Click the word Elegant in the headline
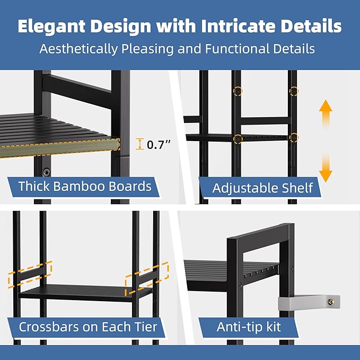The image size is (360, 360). pos(51,27)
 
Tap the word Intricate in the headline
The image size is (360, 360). pos(238,25)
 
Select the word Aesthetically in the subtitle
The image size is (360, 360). pos(78,49)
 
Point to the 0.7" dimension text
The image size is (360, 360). pos(159,145)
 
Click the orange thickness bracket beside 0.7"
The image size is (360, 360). pos(139,144)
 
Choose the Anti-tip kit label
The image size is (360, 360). pos(249,327)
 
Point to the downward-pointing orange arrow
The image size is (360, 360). pos(326,168)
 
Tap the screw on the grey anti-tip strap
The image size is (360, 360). pos(330,302)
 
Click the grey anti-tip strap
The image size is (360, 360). pos(309,303)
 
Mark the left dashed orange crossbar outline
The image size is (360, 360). pos(30,275)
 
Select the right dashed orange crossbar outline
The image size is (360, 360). pos(147,279)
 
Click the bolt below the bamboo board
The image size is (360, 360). pos(46,172)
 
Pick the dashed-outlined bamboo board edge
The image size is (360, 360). pos(59,148)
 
